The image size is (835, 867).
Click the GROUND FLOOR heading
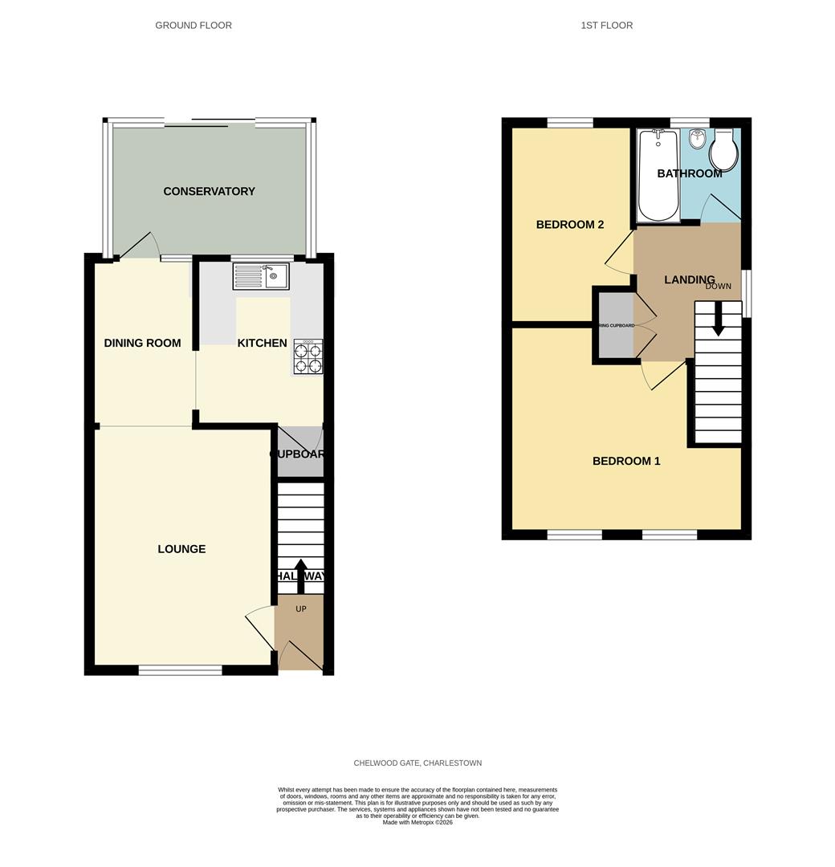click(x=193, y=26)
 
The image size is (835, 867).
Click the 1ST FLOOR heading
click(x=606, y=26)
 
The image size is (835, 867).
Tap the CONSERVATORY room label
click(x=209, y=191)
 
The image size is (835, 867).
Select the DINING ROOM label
click(x=142, y=343)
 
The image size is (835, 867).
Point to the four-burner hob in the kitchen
click(x=308, y=357)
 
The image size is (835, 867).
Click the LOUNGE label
click(x=181, y=549)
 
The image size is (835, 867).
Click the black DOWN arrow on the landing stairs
click(x=718, y=318)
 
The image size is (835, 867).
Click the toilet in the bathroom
click(x=723, y=150)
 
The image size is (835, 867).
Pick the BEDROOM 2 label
click(x=570, y=225)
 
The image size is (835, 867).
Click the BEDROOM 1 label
click(x=626, y=461)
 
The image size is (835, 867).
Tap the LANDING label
click(x=689, y=280)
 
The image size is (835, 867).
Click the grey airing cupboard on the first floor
click(x=615, y=325)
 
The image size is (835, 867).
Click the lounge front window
click(x=181, y=670)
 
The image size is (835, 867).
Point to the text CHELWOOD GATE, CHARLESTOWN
click(x=417, y=763)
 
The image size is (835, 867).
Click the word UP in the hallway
click(x=301, y=609)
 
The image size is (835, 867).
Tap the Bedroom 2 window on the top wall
click(x=571, y=123)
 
